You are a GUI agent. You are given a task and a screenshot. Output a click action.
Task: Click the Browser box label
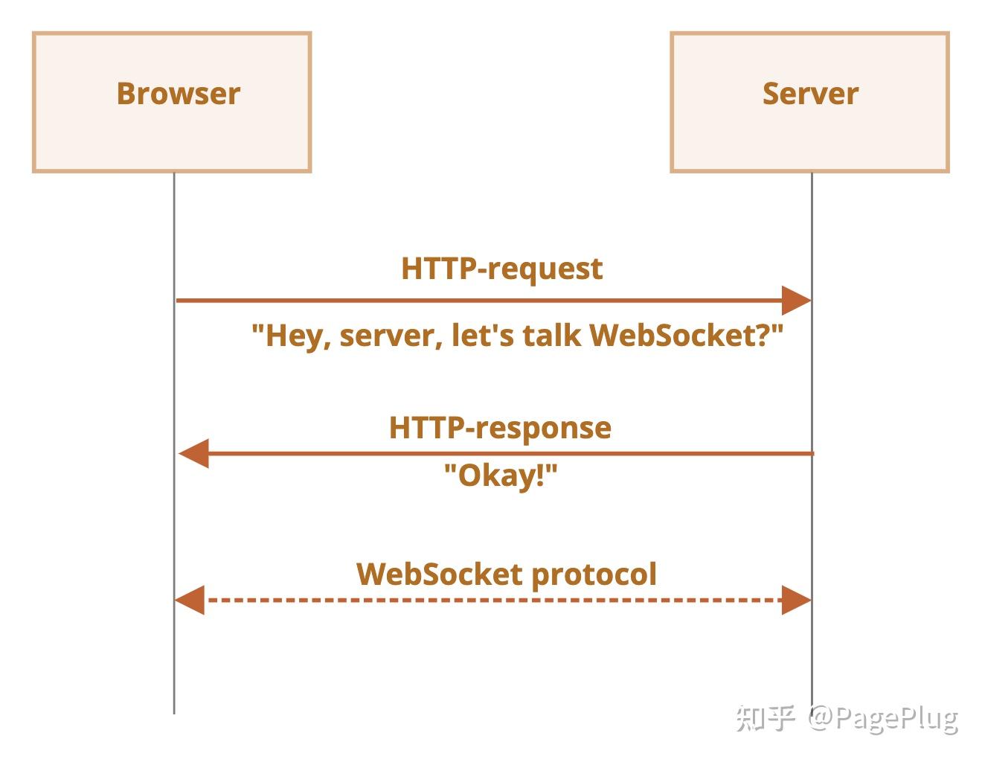coord(178,94)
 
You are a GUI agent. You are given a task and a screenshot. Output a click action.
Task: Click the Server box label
coord(810,94)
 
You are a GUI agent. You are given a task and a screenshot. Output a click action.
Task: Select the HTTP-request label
coord(501,269)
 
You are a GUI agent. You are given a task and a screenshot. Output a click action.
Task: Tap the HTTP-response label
coord(500,428)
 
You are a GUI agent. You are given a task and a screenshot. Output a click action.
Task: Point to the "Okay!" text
coord(500,476)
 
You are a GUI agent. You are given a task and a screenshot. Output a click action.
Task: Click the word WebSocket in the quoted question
coord(673,336)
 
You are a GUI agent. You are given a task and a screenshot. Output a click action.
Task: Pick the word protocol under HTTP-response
coord(594,574)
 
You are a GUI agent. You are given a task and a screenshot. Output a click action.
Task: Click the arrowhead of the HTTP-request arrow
coord(795,301)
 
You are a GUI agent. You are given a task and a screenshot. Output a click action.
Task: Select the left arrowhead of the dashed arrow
coord(190,600)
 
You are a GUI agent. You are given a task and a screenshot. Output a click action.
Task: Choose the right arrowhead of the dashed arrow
coord(795,600)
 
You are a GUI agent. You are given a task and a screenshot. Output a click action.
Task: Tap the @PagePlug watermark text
coord(883,718)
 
